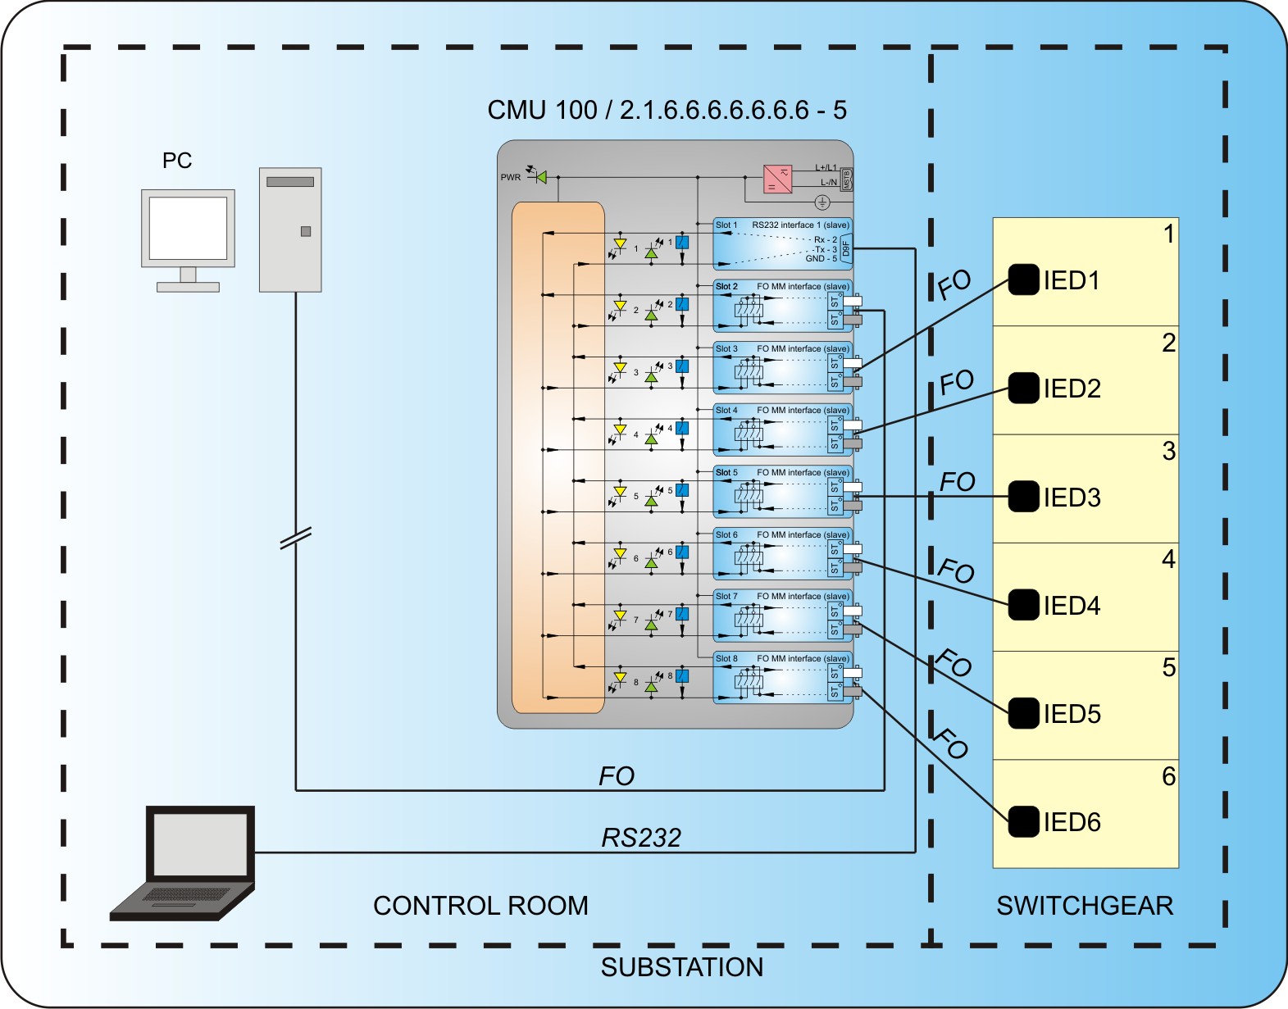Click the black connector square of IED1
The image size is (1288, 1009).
[x=1023, y=280]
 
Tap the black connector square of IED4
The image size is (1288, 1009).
[x=1023, y=605]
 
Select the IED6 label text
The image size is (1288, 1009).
[x=1072, y=822]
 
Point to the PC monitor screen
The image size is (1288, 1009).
[x=188, y=228]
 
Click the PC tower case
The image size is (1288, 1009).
[x=290, y=230]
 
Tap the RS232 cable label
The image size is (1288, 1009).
[x=641, y=838]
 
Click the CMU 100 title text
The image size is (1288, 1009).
[x=667, y=110]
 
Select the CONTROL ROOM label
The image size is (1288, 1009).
[x=480, y=906]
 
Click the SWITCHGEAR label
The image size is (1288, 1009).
[x=1085, y=906]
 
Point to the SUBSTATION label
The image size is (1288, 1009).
[x=681, y=967]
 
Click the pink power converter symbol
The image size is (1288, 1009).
[x=777, y=179]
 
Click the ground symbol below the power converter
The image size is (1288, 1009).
[x=822, y=202]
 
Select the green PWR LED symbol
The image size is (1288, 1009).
[x=539, y=176]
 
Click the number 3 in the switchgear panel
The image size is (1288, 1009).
[x=1168, y=452]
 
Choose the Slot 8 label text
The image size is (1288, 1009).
[x=726, y=658]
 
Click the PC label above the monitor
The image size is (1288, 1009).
[x=177, y=161]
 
